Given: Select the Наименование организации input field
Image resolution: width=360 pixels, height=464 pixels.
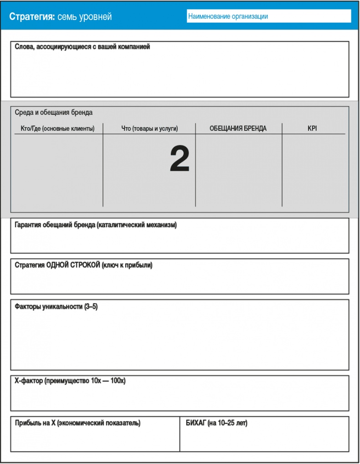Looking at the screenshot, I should pyautogui.click(x=269, y=16).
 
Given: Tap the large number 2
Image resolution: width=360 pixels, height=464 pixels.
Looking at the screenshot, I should pyautogui.click(x=180, y=159).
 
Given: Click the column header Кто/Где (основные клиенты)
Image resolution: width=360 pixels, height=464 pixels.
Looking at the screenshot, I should pyautogui.click(x=57, y=129).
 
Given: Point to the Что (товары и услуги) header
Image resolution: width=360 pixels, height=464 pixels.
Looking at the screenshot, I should pyautogui.click(x=149, y=129).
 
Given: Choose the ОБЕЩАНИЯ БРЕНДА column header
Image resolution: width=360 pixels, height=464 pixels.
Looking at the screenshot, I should pyautogui.click(x=238, y=129).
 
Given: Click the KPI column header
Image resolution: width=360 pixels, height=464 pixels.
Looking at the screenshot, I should pyautogui.click(x=312, y=129).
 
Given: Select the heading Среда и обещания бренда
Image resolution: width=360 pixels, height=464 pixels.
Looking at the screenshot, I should pyautogui.click(x=54, y=112).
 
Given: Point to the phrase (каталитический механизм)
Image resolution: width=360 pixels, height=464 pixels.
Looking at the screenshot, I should pyautogui.click(x=136, y=225).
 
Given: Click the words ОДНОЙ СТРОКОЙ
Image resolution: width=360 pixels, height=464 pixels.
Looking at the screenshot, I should pyautogui.click(x=73, y=265).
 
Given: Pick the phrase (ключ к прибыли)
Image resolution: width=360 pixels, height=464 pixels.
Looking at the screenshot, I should pyautogui.click(x=127, y=265).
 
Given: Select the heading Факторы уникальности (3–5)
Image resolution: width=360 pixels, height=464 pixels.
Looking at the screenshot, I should pyautogui.click(x=56, y=306).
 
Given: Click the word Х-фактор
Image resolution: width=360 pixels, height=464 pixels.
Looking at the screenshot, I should pyautogui.click(x=29, y=381).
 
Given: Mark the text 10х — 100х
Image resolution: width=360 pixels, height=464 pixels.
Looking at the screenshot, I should pyautogui.click(x=105, y=381).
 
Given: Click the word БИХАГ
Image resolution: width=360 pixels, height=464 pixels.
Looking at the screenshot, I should pyautogui.click(x=195, y=423).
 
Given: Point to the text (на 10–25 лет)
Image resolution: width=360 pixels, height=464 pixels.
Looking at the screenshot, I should pyautogui.click(x=227, y=423).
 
